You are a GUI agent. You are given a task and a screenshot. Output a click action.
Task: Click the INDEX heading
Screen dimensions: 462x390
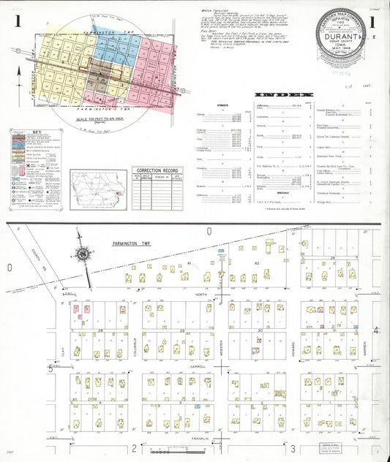click(283, 94)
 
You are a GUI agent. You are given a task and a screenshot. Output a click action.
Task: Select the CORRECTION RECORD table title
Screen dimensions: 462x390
click(157, 170)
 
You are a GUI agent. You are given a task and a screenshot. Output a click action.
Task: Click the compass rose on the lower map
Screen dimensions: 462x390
click(83, 254)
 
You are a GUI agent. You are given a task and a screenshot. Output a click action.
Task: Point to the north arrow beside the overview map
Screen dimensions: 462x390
click(19, 73)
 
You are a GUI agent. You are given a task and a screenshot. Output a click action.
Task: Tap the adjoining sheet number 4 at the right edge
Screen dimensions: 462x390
click(376, 330)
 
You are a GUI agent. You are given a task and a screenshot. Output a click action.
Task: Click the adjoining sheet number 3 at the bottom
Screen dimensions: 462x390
click(293, 447)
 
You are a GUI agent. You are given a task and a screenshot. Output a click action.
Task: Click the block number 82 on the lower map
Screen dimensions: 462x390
click(257, 262)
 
